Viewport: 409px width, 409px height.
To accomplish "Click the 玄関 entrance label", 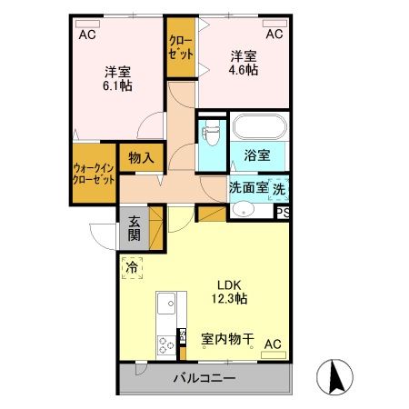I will click(134, 227).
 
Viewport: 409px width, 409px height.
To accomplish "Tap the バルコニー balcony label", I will click(205, 377).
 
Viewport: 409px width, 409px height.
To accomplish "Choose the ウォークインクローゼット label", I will click(94, 173).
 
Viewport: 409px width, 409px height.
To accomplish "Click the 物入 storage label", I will click(141, 157).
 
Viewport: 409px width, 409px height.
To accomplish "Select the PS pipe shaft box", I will click(284, 213).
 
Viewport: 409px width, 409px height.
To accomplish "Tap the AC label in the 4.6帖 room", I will click(274, 35).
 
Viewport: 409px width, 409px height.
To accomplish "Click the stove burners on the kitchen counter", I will click(166, 344).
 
